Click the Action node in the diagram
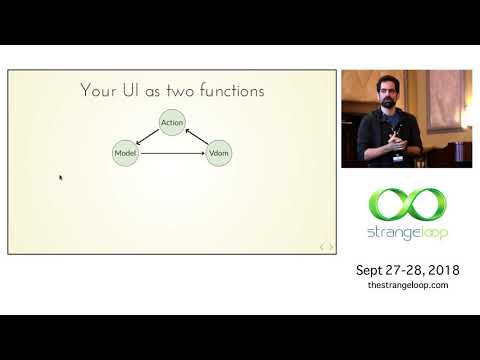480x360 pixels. pos(173,123)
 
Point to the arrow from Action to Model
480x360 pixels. pos(148,138)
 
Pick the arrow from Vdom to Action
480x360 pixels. pos(197,137)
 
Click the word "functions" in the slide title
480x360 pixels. pos(229,91)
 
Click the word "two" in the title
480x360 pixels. pos(170,91)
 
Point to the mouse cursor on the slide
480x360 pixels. pos(61,178)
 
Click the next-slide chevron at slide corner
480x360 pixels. pos(331,246)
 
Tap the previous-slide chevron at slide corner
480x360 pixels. pos(322,246)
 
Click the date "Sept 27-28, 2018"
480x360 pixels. pos(406,270)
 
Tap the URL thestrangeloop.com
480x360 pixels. pos(407,285)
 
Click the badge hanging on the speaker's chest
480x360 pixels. pos(398,156)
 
